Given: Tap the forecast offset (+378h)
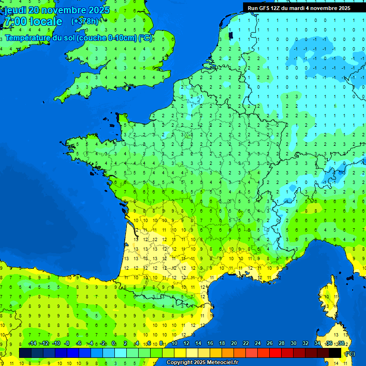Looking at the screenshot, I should click(x=84, y=21).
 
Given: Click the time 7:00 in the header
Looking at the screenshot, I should click(x=15, y=22).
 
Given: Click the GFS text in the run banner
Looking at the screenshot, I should click(x=264, y=8).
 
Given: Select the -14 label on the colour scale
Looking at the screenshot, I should click(x=32, y=343).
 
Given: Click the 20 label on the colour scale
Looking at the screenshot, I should click(x=234, y=343).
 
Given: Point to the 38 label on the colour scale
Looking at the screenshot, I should click(x=341, y=343).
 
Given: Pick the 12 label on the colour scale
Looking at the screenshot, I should click(x=186, y=343).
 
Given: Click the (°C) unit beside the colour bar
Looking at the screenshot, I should click(x=349, y=353).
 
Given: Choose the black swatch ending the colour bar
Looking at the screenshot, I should click(x=335, y=353).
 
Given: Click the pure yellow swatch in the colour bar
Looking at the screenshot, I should click(x=180, y=353).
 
